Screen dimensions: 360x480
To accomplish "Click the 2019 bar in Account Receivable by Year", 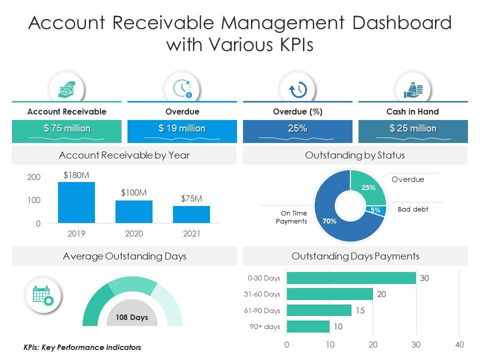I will coord(76,202).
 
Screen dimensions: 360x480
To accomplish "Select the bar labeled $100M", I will coord(134,211).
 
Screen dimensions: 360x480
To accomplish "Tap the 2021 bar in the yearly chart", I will coord(191,214).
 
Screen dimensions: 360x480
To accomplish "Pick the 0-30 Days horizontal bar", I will coord(351,278).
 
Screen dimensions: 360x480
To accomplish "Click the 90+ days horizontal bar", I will coord(308,327).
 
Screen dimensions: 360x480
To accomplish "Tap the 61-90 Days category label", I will coord(262,310).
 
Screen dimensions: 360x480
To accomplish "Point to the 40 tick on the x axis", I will coord(459,344).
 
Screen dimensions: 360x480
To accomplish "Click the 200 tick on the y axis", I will coord(34,177).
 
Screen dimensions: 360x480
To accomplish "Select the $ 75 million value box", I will coord(66,129).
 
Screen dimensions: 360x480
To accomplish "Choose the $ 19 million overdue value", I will coord(182,129).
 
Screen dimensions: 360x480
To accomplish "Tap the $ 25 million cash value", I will coord(413,129).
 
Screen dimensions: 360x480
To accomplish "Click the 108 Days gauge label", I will coord(132,317).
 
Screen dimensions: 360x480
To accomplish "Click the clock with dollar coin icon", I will coord(182,89).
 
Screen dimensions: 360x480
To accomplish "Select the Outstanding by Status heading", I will coord(355,155).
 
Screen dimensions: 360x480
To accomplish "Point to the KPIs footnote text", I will coord(82,347).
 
